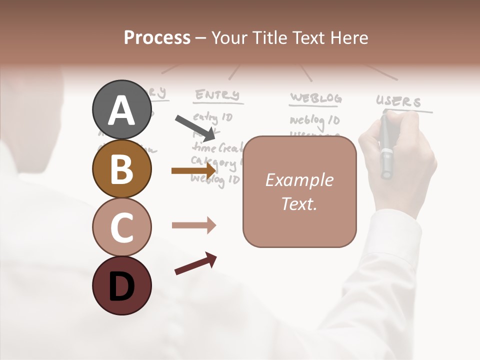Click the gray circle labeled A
click(x=122, y=109)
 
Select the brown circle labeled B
click(x=122, y=169)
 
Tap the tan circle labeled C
click(x=122, y=227)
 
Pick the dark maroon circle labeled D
click(x=122, y=285)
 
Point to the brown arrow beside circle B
click(x=193, y=170)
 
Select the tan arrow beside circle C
click(x=193, y=225)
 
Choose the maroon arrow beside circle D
click(x=195, y=263)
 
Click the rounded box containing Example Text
click(x=299, y=192)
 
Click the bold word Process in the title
click(x=157, y=37)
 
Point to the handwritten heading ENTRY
click(x=217, y=95)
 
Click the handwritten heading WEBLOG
click(x=315, y=98)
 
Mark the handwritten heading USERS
click(x=398, y=102)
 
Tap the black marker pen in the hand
click(x=385, y=147)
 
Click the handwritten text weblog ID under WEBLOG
click(x=314, y=120)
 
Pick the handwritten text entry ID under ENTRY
click(x=212, y=118)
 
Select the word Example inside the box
click(x=299, y=180)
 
